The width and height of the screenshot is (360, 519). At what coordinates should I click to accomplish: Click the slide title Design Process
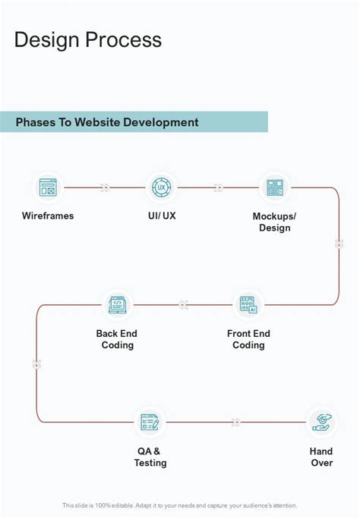coord(88,39)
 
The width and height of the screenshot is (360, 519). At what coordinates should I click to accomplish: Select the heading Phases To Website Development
coord(107,122)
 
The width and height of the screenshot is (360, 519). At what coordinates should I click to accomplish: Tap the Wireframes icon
coord(48,187)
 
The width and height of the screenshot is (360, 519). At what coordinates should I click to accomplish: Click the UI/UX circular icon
coord(161,187)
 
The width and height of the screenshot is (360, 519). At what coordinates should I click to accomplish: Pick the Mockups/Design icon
coord(274,187)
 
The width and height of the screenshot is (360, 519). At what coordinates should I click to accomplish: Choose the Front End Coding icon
coord(248,305)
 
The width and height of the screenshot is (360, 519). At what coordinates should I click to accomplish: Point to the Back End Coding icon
coord(117,305)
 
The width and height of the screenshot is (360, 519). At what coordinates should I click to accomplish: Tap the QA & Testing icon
coord(150,422)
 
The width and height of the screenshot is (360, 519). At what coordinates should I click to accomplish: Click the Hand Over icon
coord(321,422)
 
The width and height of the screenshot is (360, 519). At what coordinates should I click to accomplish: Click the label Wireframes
coord(48,216)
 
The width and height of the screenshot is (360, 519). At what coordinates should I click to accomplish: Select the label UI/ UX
coord(162,216)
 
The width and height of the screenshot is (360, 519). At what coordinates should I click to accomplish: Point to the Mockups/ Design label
coord(274,222)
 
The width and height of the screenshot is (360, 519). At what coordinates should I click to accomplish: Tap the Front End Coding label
coord(248,339)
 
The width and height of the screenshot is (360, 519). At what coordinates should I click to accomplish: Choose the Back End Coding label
coord(117,339)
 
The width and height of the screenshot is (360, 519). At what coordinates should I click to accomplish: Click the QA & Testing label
coord(150,457)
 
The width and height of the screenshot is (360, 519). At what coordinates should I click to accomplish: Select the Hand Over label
coord(321,457)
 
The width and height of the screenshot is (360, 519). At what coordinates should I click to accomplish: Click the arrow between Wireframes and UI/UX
coord(105,187)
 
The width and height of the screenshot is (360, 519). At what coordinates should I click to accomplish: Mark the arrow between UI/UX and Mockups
coord(218,187)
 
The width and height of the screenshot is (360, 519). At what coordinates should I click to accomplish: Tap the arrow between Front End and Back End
coord(183,305)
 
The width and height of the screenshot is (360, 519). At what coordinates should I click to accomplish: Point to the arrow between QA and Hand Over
coord(236,422)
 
